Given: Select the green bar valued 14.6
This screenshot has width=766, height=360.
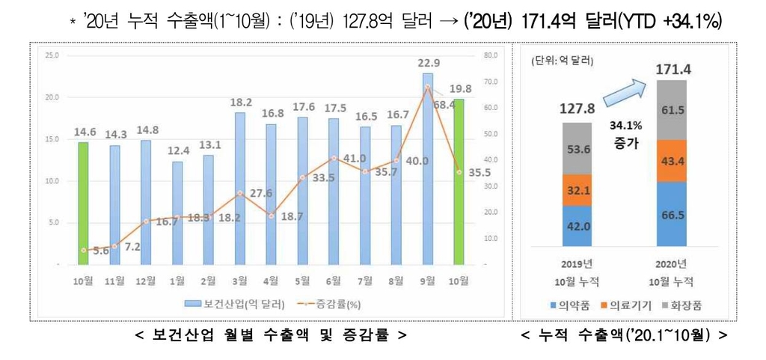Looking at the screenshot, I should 84,203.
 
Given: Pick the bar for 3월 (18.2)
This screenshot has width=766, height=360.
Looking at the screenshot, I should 240,188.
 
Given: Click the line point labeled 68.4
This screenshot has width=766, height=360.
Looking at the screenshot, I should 427,87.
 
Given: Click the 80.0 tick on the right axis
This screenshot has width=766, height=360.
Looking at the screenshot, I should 491,55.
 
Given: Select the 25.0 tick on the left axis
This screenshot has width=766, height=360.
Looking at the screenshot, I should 52,55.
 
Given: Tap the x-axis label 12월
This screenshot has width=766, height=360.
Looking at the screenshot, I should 146,281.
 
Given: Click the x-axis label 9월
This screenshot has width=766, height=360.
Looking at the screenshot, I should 427,281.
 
